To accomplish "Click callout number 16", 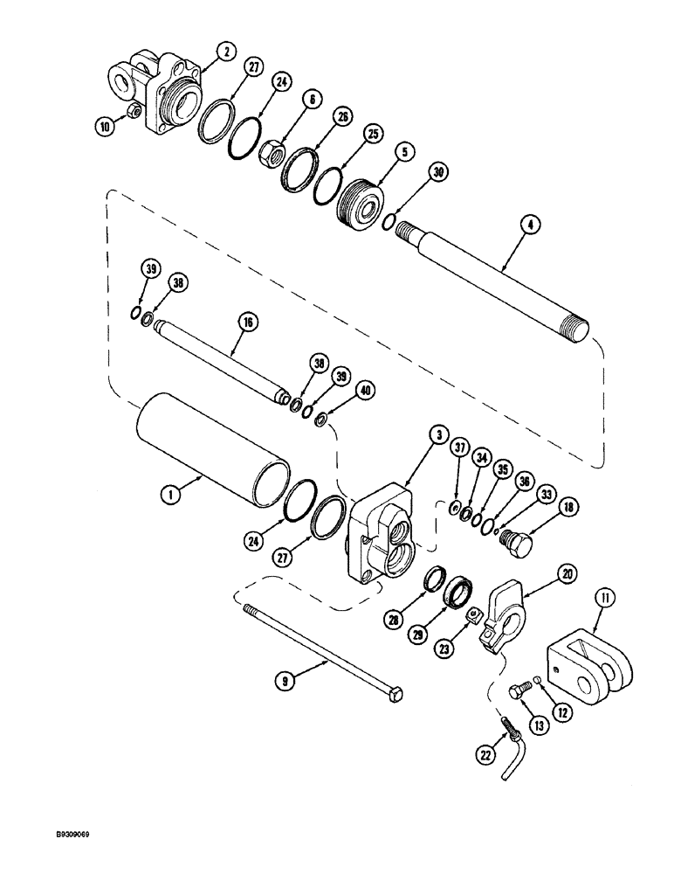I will [248, 323].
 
